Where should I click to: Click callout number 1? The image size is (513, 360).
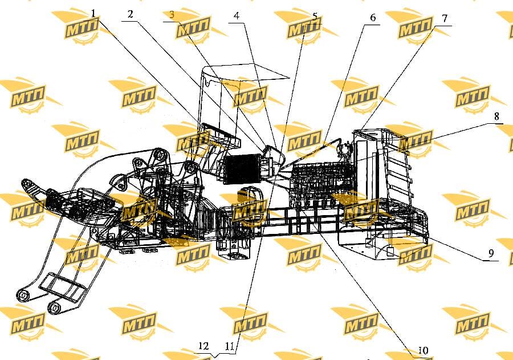point(93,14)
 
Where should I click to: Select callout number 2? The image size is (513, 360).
point(131,14)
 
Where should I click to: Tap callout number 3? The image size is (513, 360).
point(172,15)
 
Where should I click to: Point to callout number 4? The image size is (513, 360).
point(237,16)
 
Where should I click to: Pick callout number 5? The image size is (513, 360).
point(315,17)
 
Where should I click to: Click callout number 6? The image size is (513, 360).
point(373,17)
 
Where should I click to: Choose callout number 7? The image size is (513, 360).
point(445,18)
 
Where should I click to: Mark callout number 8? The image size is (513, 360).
point(496,116)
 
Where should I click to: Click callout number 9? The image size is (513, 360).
point(491,253)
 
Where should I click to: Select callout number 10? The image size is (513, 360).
point(424,350)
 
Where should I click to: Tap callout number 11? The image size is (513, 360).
point(230,346)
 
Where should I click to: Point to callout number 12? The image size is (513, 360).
point(203,346)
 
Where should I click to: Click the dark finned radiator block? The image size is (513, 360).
point(242,169)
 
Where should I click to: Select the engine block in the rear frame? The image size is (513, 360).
point(322,184)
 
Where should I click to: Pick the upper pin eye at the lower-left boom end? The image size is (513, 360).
point(23,295)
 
